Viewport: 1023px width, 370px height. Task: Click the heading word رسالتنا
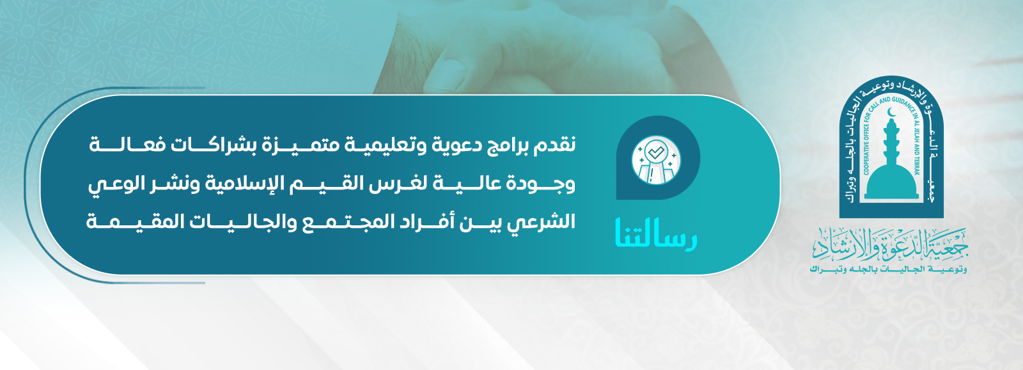[655, 234]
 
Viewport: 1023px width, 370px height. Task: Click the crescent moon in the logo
[891, 113]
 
